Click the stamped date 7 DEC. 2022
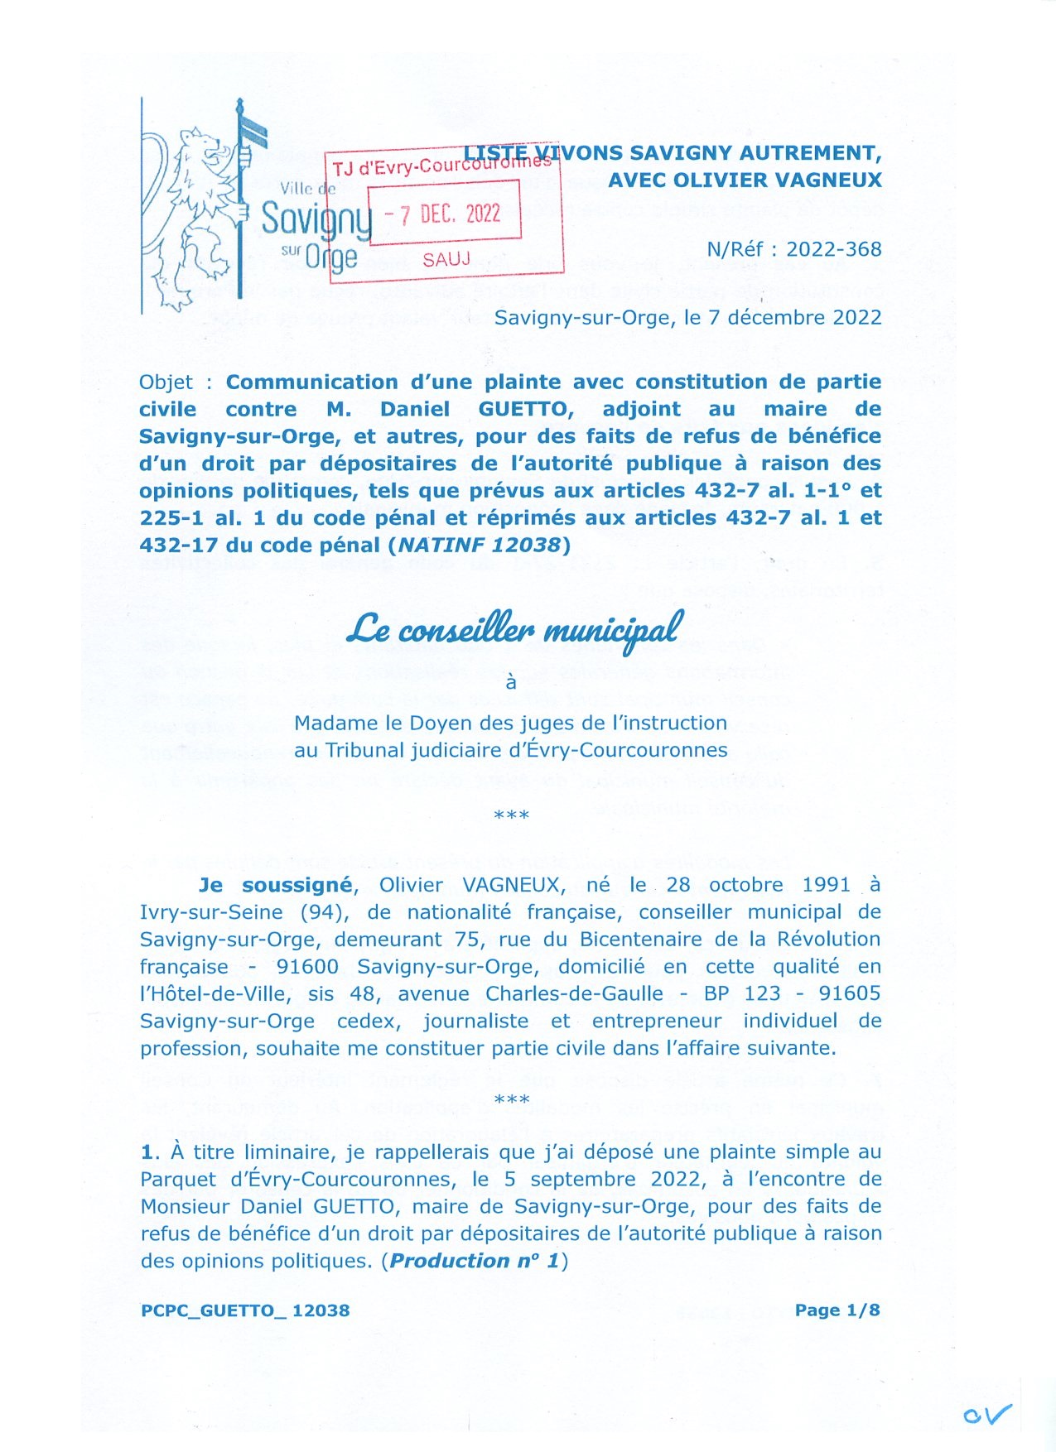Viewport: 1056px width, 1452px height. [445, 214]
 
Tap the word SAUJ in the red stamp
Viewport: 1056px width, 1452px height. [446, 260]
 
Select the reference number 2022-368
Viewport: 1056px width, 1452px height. [833, 249]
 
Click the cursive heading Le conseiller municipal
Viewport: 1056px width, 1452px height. [514, 630]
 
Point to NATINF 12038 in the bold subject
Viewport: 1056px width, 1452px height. [480, 545]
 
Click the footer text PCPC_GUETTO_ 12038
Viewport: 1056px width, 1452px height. [245, 1310]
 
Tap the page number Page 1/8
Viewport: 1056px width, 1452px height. [837, 1310]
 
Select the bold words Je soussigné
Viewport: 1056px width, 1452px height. [276, 885]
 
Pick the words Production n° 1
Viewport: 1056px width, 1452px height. [475, 1261]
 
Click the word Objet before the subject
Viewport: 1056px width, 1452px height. [166, 382]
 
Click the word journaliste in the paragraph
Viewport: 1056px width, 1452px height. [475, 1021]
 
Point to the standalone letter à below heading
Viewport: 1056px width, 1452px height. [511, 682]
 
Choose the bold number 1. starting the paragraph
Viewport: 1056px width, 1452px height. [148, 1152]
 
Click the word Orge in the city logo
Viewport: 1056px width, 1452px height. [330, 257]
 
